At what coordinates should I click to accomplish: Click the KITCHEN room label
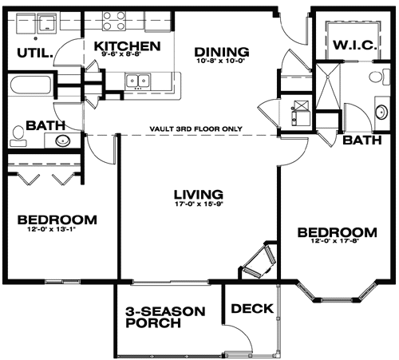click(x=128, y=46)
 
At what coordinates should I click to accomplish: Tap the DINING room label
click(x=222, y=52)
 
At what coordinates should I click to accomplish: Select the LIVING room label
click(x=199, y=195)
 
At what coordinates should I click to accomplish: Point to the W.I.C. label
click(x=355, y=45)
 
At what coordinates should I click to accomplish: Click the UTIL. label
click(x=35, y=53)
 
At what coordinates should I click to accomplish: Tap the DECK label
click(x=252, y=309)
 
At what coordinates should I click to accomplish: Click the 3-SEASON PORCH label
click(x=165, y=317)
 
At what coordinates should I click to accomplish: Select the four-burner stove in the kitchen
click(x=114, y=21)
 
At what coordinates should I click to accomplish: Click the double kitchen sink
click(x=137, y=81)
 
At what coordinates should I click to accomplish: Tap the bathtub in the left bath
click(x=30, y=85)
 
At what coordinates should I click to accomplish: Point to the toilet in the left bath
click(x=18, y=136)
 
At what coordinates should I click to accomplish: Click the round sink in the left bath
click(x=63, y=140)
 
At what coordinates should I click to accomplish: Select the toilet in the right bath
click(x=380, y=77)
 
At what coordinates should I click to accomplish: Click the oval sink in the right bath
click(x=382, y=113)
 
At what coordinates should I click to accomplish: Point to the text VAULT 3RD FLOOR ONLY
click(x=196, y=129)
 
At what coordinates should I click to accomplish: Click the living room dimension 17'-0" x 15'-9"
click(x=199, y=204)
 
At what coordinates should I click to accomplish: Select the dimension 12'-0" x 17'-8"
click(x=335, y=241)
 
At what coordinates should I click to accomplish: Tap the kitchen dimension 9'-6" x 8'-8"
click(x=121, y=53)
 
